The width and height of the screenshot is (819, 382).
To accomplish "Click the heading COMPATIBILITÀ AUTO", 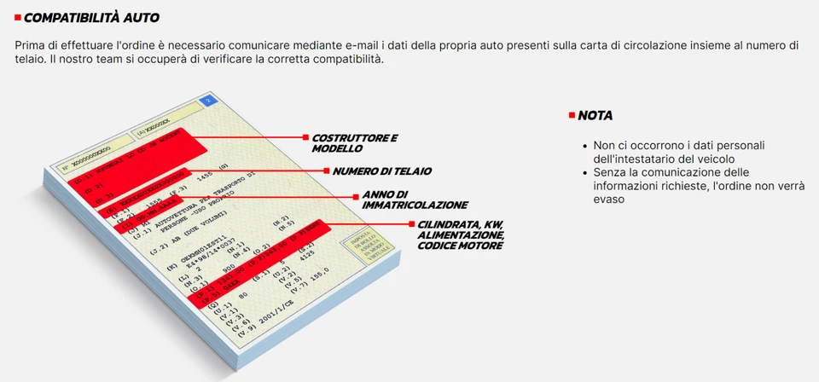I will [91, 18].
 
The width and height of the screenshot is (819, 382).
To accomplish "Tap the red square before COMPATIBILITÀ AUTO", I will [18, 18].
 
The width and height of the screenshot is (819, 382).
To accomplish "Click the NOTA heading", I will [595, 115].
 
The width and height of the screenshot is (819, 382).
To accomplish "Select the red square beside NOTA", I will [571, 115].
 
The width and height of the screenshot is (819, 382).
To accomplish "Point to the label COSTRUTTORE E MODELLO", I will [354, 142].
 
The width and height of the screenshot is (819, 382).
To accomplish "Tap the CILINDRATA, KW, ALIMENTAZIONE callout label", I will [461, 234].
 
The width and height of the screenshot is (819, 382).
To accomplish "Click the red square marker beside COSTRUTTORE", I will [305, 136].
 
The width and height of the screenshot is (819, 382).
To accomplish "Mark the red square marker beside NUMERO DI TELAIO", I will [325, 171].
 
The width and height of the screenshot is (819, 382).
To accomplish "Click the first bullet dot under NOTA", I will [585, 146].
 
